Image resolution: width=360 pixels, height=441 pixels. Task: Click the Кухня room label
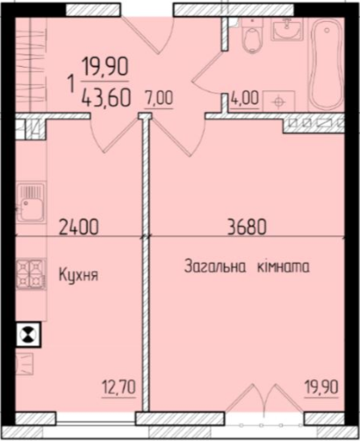pos(78,274)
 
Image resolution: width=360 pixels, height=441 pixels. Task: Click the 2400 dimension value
pos(77,228)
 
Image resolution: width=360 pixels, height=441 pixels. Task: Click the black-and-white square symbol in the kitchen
pos(29,334)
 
